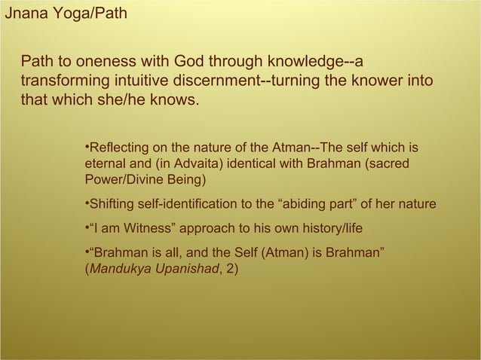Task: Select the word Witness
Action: click(x=142, y=227)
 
